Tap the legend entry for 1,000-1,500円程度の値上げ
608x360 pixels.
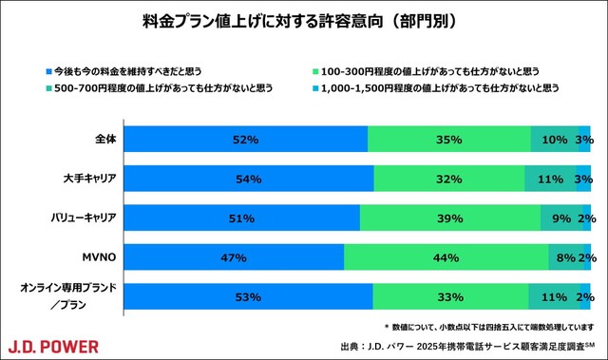coord(437,88)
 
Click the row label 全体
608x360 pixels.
coord(104,139)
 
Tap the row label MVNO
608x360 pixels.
coord(98,256)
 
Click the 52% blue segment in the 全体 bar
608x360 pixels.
coord(246,140)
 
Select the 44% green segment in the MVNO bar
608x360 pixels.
coord(446,257)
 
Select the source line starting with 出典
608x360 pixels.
coord(465,345)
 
